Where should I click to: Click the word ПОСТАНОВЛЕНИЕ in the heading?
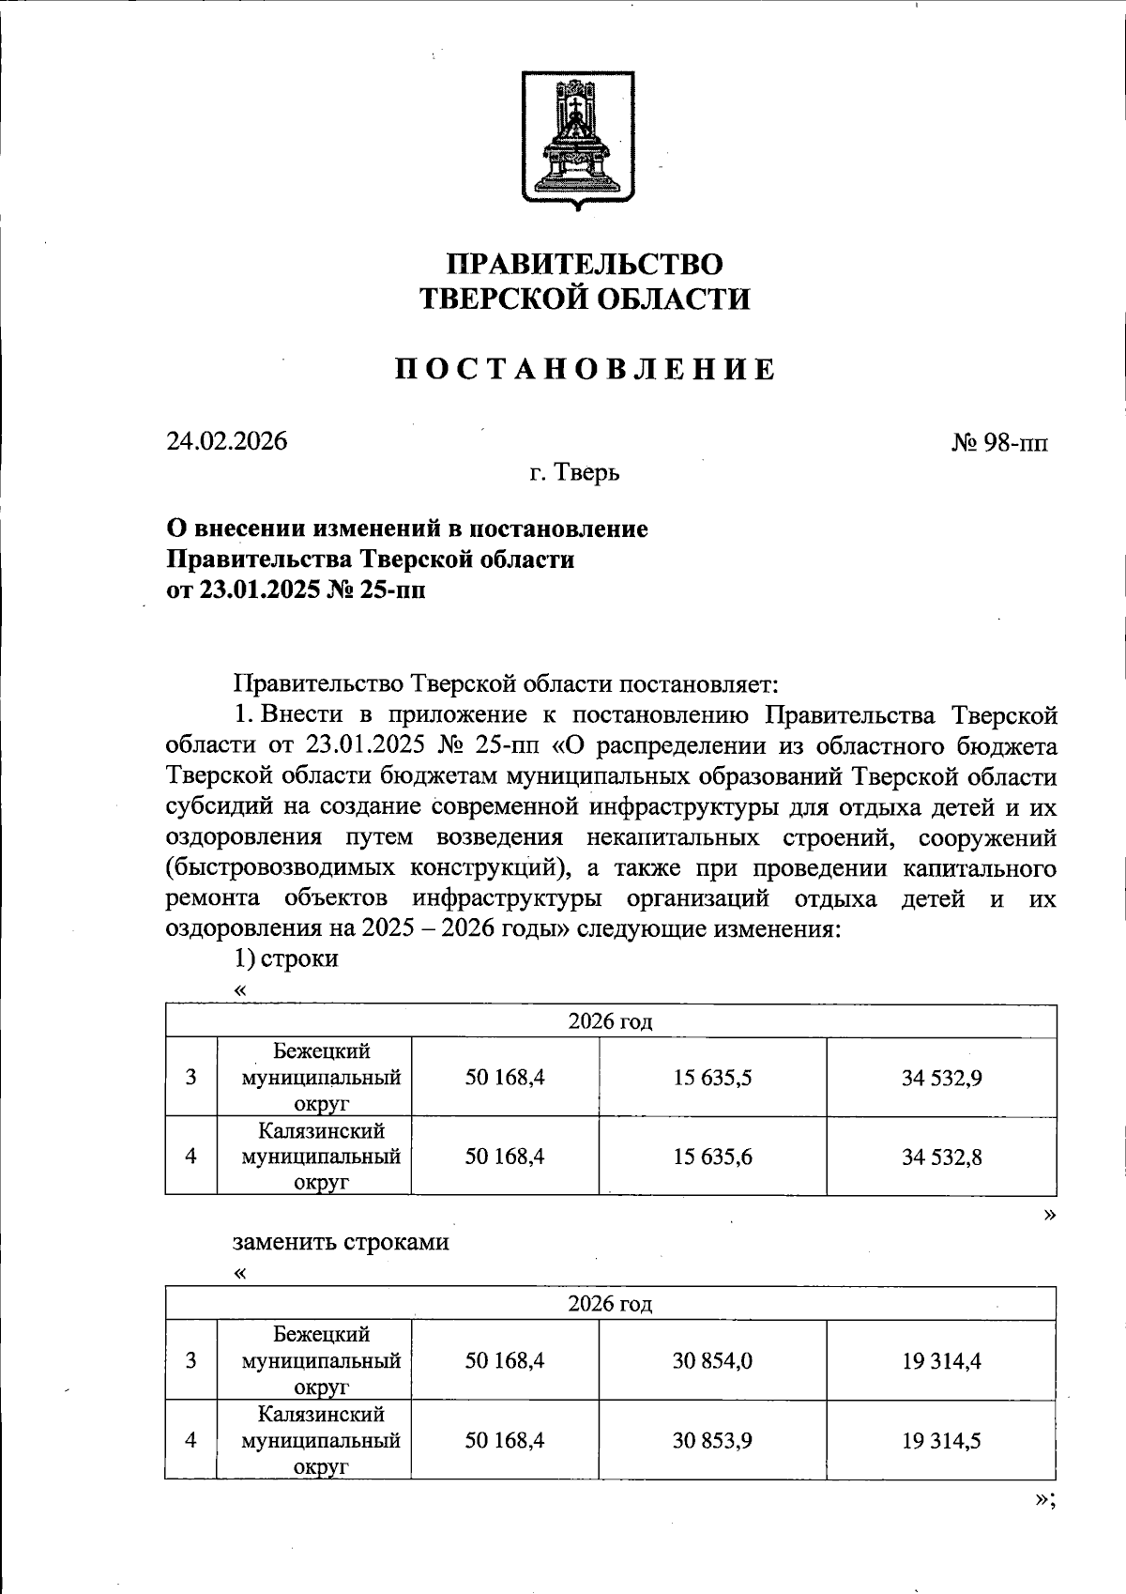[x=585, y=370]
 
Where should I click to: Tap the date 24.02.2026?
[x=227, y=441]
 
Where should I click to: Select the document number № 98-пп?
[x=999, y=442]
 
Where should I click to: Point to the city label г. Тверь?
[x=573, y=472]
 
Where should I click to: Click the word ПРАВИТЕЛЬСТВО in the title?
[x=584, y=265]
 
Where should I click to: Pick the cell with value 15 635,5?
[x=712, y=1078]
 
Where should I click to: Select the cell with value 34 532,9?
[x=941, y=1078]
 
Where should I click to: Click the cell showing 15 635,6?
[x=712, y=1157]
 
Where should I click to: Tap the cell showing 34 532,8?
[x=941, y=1157]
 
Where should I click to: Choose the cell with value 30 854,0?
[x=712, y=1360]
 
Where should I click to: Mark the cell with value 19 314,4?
[x=941, y=1360]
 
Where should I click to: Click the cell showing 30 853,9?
[x=712, y=1440]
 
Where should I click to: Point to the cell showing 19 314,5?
[x=941, y=1440]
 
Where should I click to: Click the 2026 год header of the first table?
[x=610, y=1021]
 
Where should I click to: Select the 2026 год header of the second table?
[x=610, y=1304]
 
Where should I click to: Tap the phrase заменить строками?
[x=341, y=1242]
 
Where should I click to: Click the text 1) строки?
[x=285, y=958]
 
